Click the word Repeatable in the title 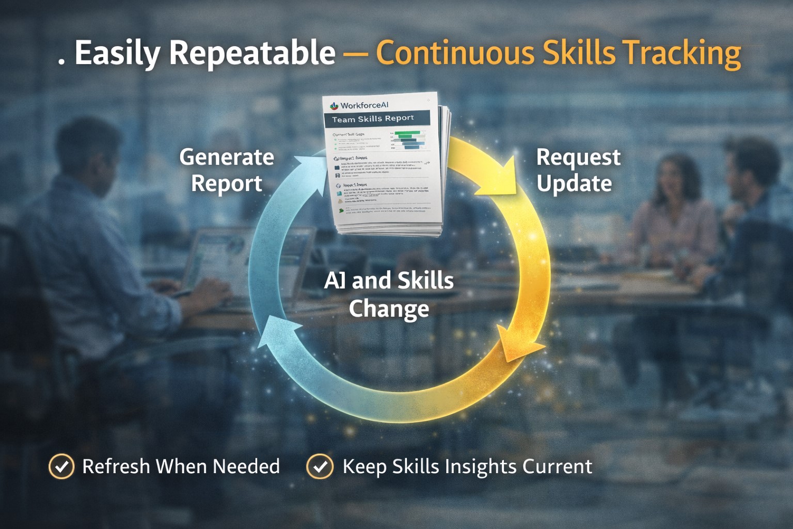[x=252, y=53]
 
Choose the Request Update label [x=578, y=170]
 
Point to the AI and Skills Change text [x=389, y=294]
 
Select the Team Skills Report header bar [x=376, y=119]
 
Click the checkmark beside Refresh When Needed [x=61, y=466]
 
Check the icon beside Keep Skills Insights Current [x=320, y=466]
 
